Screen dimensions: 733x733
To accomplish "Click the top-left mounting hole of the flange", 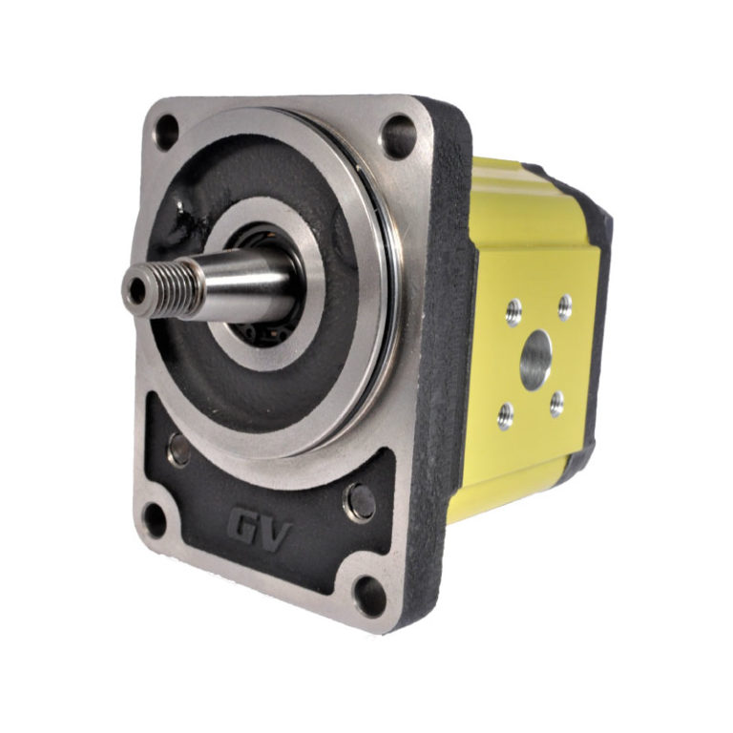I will pos(166,129).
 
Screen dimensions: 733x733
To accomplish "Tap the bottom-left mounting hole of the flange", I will pos(154,518).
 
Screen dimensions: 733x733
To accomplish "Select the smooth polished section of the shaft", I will pos(248,278).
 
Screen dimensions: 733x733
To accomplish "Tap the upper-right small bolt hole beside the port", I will pos(564,306).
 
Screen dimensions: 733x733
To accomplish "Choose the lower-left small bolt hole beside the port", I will pos(506,414).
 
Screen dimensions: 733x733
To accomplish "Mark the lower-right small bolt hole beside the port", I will pos(556,404).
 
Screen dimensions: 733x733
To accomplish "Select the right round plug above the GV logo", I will pos(361,500).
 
